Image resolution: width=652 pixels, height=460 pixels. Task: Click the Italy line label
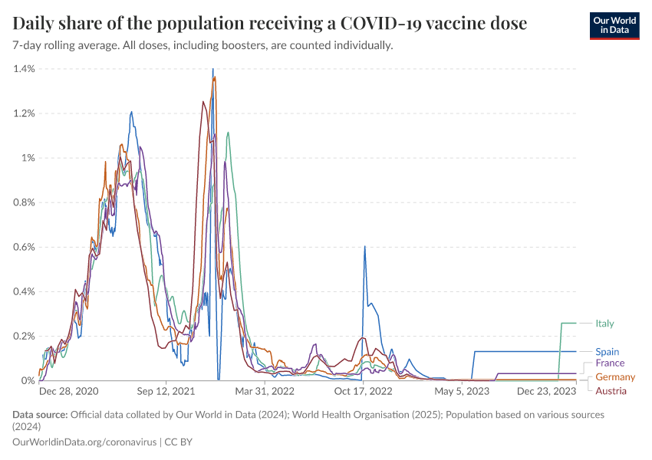pyautogui.click(x=604, y=324)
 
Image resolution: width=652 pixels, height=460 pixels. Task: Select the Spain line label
pyautogui.click(x=607, y=352)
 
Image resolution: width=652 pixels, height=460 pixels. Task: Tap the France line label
pyautogui.click(x=610, y=363)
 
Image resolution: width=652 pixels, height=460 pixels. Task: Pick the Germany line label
pyautogui.click(x=615, y=377)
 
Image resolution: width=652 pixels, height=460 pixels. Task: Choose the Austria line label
pyautogui.click(x=611, y=391)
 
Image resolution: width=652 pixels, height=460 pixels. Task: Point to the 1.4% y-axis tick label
pyautogui.click(x=24, y=69)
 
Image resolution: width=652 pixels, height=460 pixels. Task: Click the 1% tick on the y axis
pyautogui.click(x=28, y=158)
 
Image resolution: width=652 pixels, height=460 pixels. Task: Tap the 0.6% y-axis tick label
pyautogui.click(x=24, y=247)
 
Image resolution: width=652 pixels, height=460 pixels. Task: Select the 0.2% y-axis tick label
pyautogui.click(x=24, y=336)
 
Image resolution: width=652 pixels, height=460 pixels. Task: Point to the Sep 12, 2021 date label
pyautogui.click(x=166, y=391)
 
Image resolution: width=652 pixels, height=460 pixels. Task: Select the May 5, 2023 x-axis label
pyautogui.click(x=462, y=391)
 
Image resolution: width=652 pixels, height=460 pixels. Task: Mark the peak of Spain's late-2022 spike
pyautogui.click(x=364, y=247)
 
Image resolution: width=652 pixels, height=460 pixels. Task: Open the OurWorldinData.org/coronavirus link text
pyautogui.click(x=84, y=442)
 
